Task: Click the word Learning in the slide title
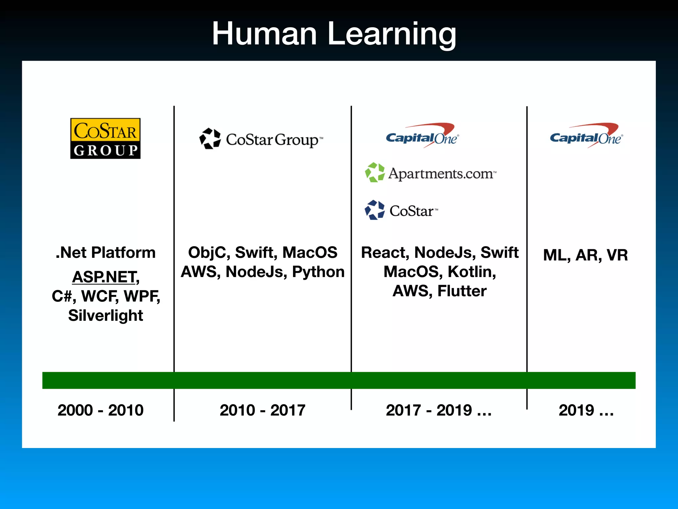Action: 392,34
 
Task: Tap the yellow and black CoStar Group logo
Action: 105,139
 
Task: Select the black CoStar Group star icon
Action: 210,139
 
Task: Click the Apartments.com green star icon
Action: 375,172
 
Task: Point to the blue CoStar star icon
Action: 375,210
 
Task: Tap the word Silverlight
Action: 105,315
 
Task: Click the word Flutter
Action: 462,291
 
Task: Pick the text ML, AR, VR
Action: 585,255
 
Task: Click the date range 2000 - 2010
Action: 100,410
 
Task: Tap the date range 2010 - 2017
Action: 262,410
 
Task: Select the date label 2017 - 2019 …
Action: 438,410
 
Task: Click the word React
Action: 384,253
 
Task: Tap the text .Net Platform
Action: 105,253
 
